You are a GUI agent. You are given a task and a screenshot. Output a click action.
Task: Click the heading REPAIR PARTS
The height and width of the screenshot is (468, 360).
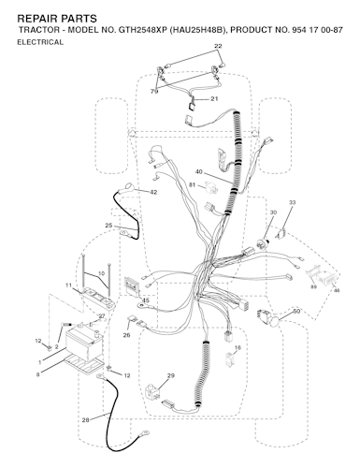pos(57,19)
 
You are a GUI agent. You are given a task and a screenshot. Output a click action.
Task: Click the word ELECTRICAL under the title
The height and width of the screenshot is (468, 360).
pos(40,42)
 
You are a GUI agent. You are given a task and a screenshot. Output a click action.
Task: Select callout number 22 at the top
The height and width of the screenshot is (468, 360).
pos(218,46)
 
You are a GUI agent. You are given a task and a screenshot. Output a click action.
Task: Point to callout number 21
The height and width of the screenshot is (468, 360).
pos(214,99)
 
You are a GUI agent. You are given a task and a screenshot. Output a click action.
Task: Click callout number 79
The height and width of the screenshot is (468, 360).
pos(154,92)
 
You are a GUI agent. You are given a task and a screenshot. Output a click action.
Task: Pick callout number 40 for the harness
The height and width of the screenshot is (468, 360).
pos(199,171)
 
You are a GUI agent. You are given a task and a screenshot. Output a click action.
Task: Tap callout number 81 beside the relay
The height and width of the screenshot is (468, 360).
pos(192,185)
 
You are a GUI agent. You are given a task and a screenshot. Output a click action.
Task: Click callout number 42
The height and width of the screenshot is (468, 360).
pos(153,193)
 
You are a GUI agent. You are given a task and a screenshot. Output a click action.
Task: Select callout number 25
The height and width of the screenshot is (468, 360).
pos(108,226)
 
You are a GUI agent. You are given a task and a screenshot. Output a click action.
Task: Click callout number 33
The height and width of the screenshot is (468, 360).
pos(292,202)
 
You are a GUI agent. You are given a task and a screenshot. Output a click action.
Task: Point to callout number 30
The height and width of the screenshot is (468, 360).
pos(273,212)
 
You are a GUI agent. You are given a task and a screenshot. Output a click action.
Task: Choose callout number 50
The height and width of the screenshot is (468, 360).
pos(296,312)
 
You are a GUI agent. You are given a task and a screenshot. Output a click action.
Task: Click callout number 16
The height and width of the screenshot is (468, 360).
pos(238,347)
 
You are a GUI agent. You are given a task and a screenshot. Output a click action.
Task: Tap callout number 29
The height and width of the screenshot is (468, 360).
pos(171,375)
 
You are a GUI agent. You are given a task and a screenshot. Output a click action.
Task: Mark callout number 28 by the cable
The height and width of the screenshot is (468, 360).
pos(85,420)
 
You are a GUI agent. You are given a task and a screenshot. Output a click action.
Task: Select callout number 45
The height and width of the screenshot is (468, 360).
pos(145,300)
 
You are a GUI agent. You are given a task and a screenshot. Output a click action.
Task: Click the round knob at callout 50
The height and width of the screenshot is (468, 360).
pos(275,321)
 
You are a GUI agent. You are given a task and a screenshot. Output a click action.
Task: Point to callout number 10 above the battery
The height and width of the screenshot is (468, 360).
pos(101,273)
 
